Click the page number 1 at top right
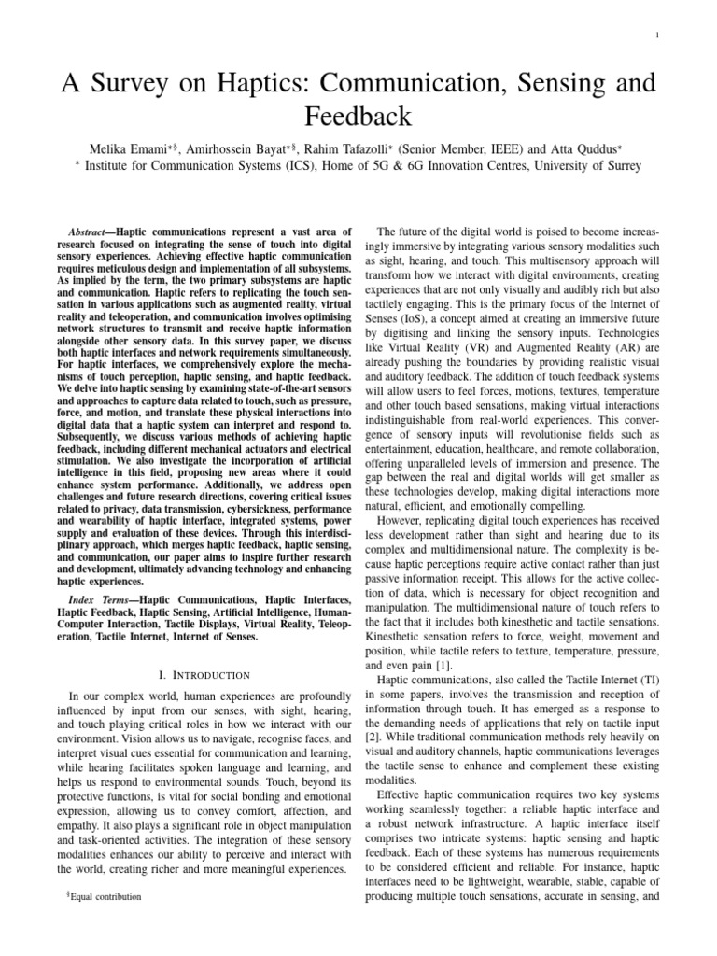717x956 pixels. pyautogui.click(x=658, y=35)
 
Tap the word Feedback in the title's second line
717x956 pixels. pyautogui.click(x=358, y=117)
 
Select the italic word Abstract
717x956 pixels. pyautogui.click(x=91, y=231)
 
